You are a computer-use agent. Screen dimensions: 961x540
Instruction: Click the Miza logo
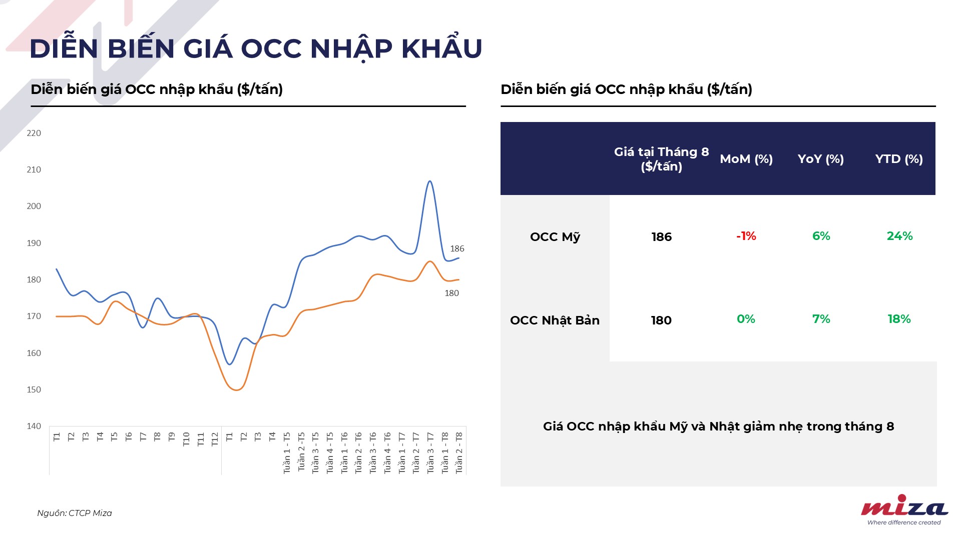(904, 509)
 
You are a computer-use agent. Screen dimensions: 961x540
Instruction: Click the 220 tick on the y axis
(34, 133)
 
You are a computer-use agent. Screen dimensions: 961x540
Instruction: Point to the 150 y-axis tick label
(34, 389)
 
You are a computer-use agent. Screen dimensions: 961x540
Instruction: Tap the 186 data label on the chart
(457, 248)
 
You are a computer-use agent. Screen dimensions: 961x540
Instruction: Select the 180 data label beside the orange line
(451, 293)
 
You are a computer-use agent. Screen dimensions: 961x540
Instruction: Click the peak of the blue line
(430, 181)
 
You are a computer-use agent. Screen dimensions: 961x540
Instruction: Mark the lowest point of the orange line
(237, 389)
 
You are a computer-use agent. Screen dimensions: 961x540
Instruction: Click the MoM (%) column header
(746, 159)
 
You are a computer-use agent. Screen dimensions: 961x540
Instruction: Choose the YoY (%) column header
(821, 159)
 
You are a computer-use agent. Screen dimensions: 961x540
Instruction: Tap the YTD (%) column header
(899, 159)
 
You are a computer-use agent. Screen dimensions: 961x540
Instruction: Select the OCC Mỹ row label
(555, 237)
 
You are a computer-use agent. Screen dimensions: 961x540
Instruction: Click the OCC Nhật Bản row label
(555, 320)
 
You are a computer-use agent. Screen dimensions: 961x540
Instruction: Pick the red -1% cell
(746, 236)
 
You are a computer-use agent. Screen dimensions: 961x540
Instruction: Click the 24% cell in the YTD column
(899, 236)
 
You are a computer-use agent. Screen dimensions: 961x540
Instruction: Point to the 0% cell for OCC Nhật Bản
(746, 319)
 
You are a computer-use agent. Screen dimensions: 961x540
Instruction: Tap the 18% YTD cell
(899, 319)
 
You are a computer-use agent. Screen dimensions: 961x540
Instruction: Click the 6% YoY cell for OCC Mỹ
(821, 236)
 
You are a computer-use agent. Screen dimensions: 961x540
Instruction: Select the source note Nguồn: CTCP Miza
(75, 513)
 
